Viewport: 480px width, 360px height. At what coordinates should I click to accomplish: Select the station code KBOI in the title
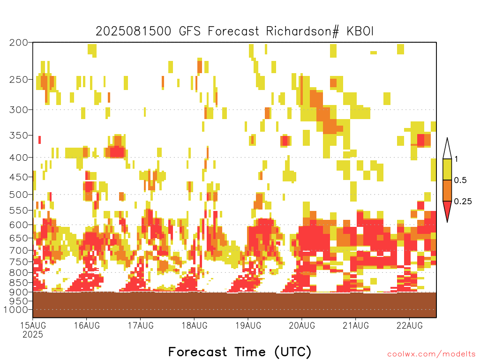360,31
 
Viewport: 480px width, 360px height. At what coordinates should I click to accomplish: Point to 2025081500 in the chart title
134,31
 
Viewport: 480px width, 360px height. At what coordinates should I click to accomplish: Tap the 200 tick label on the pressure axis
18,43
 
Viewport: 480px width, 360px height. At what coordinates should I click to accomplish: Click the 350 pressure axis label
18,135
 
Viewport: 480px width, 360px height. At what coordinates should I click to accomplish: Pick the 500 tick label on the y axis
18,195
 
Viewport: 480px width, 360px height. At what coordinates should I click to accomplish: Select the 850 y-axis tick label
18,283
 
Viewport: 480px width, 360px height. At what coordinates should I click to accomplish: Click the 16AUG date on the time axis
87,325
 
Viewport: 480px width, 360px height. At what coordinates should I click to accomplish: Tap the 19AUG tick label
248,325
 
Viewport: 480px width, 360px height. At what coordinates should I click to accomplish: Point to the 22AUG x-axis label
410,325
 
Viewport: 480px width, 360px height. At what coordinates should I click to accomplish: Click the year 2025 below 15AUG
33,335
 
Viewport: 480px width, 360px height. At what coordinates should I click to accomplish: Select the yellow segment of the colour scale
447,169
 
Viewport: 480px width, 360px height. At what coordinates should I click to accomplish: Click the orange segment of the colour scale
447,190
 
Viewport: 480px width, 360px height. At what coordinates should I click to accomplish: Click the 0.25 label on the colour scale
463,202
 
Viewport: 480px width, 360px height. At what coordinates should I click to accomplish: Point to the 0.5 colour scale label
460,180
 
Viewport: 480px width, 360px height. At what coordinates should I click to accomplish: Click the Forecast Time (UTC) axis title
240,352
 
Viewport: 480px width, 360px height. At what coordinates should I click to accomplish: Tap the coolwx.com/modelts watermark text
431,354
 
